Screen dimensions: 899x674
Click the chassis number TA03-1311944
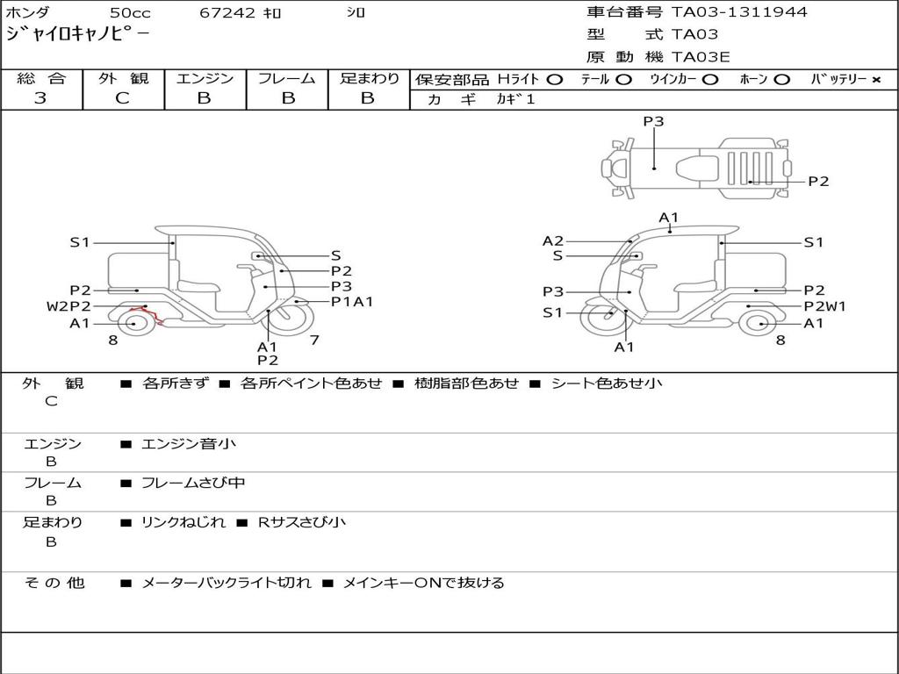coord(739,12)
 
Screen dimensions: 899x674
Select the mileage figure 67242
coord(228,13)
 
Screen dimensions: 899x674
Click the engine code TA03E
coord(701,58)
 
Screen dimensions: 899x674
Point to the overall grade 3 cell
coord(40,98)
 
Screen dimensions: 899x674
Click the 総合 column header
coord(41,79)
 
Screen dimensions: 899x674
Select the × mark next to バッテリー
coord(876,80)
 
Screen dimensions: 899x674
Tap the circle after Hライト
coord(554,80)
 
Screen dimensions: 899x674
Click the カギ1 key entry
coord(515,100)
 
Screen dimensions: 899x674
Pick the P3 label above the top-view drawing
coord(653,122)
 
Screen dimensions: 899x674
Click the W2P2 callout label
coord(68,306)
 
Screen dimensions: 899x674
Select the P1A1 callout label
coord(352,301)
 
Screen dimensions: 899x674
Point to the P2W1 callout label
coord(825,306)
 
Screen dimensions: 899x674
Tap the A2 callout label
coord(553,241)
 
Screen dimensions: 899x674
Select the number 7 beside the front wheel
coord(314,340)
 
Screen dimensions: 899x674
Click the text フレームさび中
coord(193,483)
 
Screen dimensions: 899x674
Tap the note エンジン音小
coord(189,444)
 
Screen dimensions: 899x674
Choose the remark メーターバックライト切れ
coord(226,583)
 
